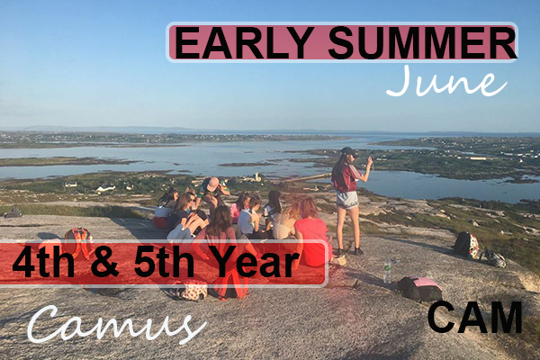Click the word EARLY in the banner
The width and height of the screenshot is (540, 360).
click(x=244, y=42)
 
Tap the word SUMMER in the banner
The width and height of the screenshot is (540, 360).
click(x=423, y=42)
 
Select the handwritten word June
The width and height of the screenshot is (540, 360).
click(x=446, y=82)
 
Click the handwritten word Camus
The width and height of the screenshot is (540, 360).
click(x=116, y=324)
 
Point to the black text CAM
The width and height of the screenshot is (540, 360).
click(x=475, y=317)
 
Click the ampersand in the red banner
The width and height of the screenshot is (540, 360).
click(x=105, y=262)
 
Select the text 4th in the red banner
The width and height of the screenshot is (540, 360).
click(x=43, y=262)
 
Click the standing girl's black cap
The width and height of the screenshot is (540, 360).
click(x=348, y=151)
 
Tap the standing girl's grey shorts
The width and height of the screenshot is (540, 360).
click(x=347, y=200)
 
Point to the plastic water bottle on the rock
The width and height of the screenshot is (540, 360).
click(x=387, y=271)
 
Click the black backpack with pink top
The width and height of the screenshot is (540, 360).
click(x=420, y=289)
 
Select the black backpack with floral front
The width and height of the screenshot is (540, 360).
click(x=465, y=245)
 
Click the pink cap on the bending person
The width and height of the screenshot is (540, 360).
click(x=212, y=184)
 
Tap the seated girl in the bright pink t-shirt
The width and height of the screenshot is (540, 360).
click(x=311, y=234)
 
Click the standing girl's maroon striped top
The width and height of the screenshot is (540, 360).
click(x=346, y=178)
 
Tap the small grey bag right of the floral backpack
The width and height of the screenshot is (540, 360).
click(x=493, y=258)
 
